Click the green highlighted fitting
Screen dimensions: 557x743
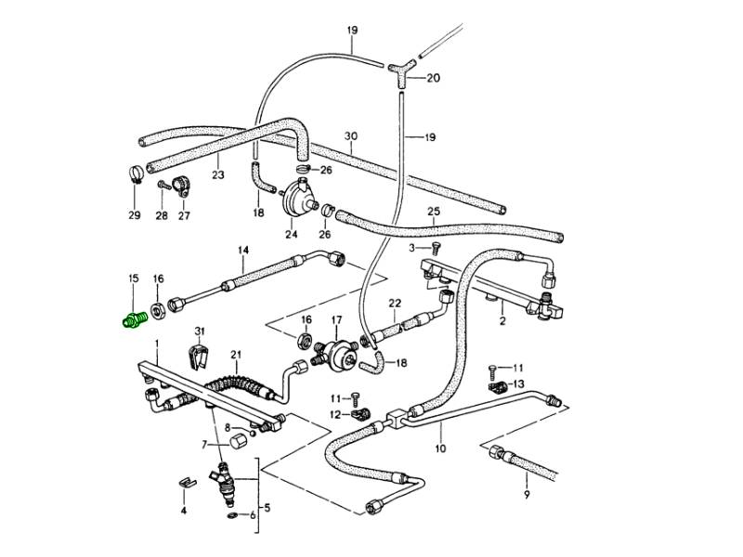point(134,319)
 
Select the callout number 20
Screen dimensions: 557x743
point(433,78)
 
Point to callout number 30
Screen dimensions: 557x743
point(350,137)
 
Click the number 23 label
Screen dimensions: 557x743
point(217,174)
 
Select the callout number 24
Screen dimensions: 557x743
point(292,234)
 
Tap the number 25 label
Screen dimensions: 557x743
point(433,212)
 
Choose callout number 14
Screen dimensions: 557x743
point(244,250)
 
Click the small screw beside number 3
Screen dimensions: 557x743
point(434,248)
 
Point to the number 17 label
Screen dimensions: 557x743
point(337,319)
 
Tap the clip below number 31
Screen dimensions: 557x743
point(199,356)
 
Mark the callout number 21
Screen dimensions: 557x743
point(236,355)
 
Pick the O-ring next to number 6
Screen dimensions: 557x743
point(230,513)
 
